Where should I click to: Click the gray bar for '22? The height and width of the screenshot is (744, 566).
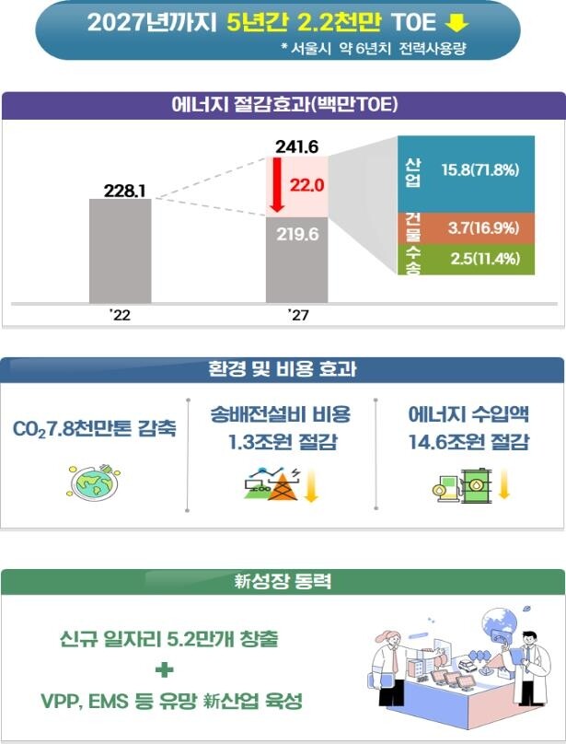pyautogui.click(x=120, y=250)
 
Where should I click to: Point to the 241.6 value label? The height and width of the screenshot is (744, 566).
pyautogui.click(x=296, y=146)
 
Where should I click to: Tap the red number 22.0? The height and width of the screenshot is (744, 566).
pyautogui.click(x=307, y=185)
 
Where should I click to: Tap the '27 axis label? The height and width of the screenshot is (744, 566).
pyautogui.click(x=296, y=316)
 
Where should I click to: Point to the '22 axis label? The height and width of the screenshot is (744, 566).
pyautogui.click(x=120, y=316)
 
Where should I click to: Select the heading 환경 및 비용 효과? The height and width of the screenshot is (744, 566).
pyautogui.click(x=283, y=370)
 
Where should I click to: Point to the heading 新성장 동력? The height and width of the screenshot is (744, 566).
pyautogui.click(x=283, y=582)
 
